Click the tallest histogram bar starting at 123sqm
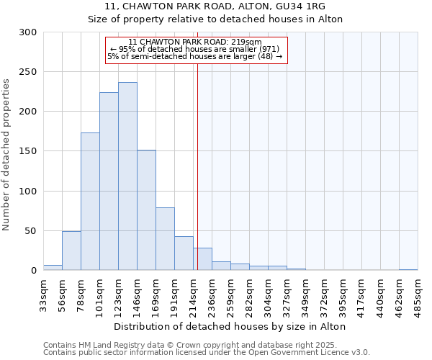pyautogui.click(x=127, y=176)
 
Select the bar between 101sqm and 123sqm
pyautogui.click(x=109, y=181)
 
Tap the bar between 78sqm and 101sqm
pyautogui.click(x=90, y=202)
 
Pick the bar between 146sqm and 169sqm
pyautogui.click(x=146, y=210)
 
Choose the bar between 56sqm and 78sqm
pyautogui.click(x=71, y=251)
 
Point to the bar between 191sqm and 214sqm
pyautogui.click(x=184, y=253)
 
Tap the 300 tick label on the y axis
pyautogui.click(x=28, y=32)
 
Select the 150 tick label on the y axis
pyautogui.click(x=28, y=151)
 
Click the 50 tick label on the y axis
pyautogui.click(x=31, y=231)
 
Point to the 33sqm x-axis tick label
pyautogui.click(x=44, y=294)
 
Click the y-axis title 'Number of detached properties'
pyautogui.click(x=7, y=155)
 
